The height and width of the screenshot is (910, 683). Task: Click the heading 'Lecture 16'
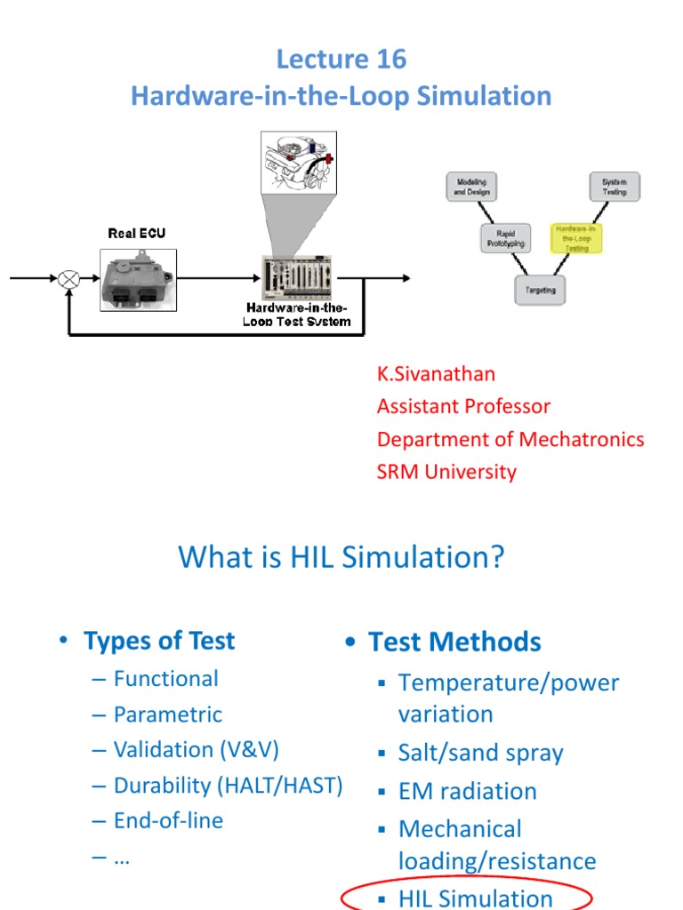coord(341,60)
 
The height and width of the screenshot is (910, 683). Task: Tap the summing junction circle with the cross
coord(68,279)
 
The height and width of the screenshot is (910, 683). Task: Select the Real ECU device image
coord(138,278)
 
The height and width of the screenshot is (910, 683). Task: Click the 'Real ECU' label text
coord(136,234)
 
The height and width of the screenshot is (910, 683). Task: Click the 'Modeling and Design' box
coord(471,187)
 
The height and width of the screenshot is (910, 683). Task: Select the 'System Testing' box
coord(614,187)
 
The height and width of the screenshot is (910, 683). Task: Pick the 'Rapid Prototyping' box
coord(504,238)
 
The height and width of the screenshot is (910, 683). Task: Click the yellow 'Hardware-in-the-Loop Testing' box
coord(577,238)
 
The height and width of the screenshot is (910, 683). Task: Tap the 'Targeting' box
coord(540,290)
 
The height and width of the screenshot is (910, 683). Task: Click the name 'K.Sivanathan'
coord(436,374)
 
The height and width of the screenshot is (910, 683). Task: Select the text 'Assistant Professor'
coord(463,406)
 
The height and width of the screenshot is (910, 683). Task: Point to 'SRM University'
coord(446,472)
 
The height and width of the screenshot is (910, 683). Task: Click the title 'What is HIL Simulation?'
coord(341,557)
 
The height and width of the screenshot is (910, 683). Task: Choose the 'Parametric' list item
coord(168,714)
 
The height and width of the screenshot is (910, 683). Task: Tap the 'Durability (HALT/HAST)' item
coord(228,786)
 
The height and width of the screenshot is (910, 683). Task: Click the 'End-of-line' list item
coord(168,820)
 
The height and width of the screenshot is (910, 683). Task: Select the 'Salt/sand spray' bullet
coord(480,754)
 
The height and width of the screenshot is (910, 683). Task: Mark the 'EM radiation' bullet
coord(468,791)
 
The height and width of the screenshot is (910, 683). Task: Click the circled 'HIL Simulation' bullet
coord(475,898)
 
